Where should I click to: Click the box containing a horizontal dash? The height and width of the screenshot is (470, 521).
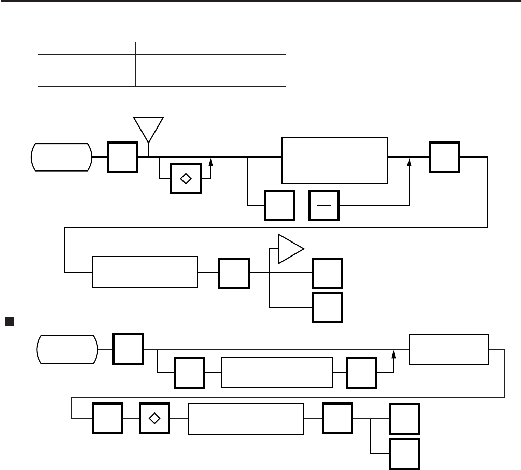[x=324, y=205]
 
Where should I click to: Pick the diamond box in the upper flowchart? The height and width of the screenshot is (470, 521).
[x=186, y=178]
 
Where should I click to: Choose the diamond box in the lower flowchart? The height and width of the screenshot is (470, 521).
[x=155, y=419]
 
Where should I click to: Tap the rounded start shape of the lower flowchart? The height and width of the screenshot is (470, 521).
[x=67, y=349]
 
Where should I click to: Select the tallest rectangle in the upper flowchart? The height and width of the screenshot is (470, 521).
[x=334, y=160]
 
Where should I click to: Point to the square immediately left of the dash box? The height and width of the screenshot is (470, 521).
[x=280, y=205]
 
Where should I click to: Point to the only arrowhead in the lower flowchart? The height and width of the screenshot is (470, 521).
[x=394, y=354]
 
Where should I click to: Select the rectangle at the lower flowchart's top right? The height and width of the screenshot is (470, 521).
[x=448, y=349]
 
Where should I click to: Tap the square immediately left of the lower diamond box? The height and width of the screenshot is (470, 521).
[x=108, y=419]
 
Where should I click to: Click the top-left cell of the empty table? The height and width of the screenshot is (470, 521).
[x=87, y=48]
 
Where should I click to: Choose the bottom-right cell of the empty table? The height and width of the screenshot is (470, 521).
[x=210, y=70]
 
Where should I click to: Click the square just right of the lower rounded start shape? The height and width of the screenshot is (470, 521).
[x=129, y=349]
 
